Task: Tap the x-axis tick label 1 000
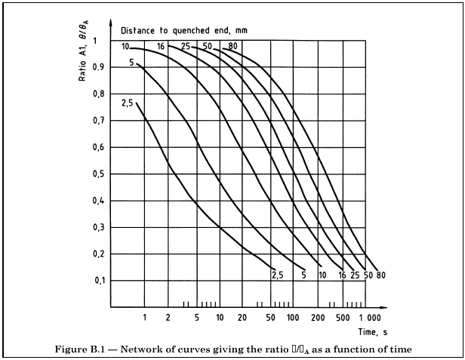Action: point(370,317)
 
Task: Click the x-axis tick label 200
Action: point(316,317)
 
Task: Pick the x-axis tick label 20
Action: point(242,317)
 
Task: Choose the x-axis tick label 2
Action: point(168,317)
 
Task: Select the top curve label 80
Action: point(233,47)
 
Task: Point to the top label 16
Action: point(161,47)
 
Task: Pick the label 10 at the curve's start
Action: point(125,47)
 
